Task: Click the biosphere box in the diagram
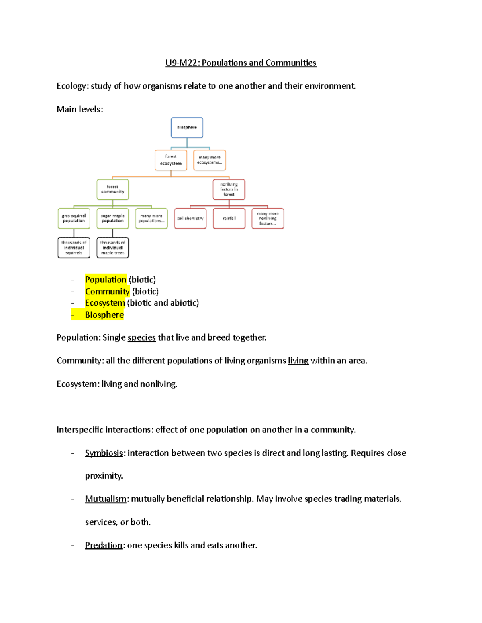(187, 128)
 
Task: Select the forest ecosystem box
(171, 160)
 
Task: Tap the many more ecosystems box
(209, 160)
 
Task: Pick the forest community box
(112, 189)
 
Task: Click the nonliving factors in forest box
(229, 189)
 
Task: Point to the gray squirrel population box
(74, 219)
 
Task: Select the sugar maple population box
(112, 219)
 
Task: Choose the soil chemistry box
(190, 219)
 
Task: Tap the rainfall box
(229, 219)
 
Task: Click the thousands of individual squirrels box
(74, 248)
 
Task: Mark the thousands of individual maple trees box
(112, 248)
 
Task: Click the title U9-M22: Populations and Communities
(241, 63)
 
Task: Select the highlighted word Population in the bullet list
(106, 280)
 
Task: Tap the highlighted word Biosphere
(104, 315)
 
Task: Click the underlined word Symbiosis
(104, 453)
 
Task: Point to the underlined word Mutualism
(106, 499)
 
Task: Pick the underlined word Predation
(104, 545)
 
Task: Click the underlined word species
(141, 338)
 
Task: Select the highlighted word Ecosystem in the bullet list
(105, 303)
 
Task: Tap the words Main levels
(80, 109)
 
